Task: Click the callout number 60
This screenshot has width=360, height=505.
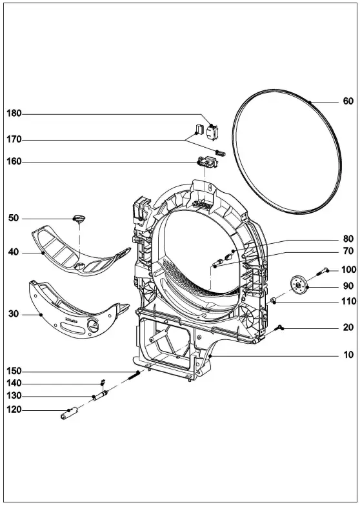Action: (348, 101)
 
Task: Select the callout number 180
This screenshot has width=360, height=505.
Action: (14, 114)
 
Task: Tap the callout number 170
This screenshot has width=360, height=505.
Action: (14, 138)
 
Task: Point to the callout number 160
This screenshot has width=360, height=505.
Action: (14, 162)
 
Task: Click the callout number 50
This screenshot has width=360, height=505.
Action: (14, 219)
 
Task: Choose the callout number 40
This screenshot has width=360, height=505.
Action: (14, 253)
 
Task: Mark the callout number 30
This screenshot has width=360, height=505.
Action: (14, 314)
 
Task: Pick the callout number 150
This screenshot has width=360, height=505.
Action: (14, 371)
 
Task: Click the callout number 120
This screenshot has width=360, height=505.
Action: (14, 410)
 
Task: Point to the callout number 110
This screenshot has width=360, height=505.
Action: (348, 302)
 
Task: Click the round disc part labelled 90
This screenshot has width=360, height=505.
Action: (299, 284)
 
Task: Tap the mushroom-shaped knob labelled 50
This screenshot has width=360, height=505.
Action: (81, 219)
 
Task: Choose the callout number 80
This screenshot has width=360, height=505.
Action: (348, 239)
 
